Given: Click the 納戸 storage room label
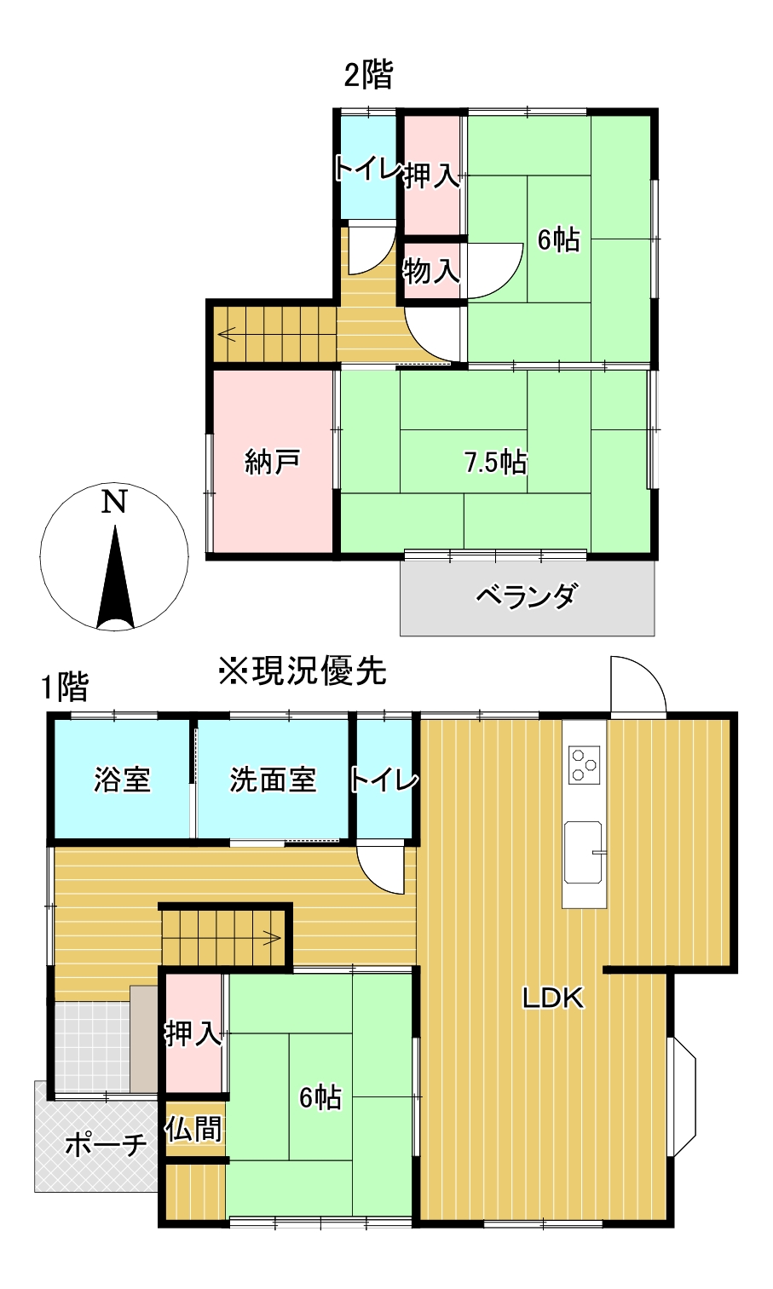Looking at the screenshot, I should (x=272, y=462).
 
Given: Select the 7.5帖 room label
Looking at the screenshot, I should (x=495, y=463).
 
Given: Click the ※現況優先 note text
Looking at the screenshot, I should (x=303, y=671).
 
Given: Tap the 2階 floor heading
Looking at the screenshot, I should (x=368, y=75).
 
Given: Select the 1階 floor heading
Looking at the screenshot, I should (x=66, y=686).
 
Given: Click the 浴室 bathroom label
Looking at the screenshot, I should (x=122, y=780).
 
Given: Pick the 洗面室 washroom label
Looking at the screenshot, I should (x=273, y=780).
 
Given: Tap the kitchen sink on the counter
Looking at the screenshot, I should (x=583, y=852).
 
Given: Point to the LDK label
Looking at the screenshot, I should (x=553, y=998).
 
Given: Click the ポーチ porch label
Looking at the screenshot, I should (x=106, y=1144).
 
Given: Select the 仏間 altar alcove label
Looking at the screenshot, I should (x=194, y=1129).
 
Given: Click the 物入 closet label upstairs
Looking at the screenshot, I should (x=431, y=272).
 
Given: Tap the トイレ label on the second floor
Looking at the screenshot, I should (x=367, y=169).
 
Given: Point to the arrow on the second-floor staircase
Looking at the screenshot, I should (x=228, y=332).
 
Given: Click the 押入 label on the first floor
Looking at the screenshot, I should (x=193, y=1033).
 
